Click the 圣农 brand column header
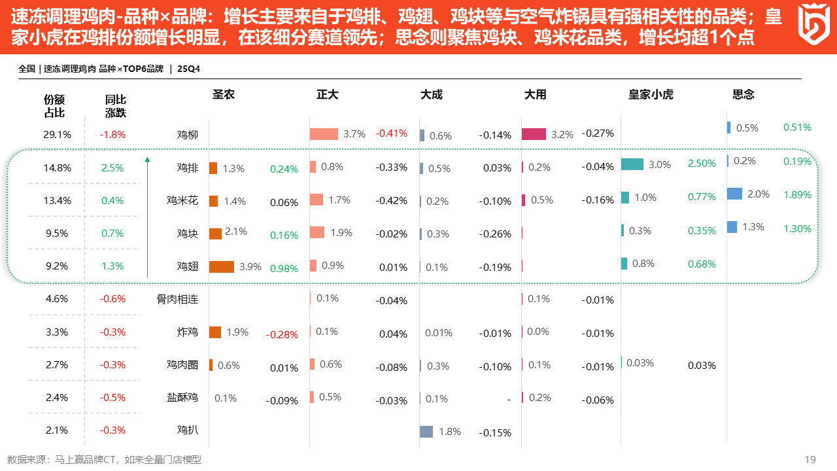[224, 94]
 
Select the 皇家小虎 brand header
[651, 94]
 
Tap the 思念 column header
[743, 94]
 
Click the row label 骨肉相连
[177, 299]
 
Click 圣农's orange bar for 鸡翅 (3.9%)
[222, 266]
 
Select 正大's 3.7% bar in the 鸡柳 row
[324, 134]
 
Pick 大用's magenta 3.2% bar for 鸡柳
[534, 134]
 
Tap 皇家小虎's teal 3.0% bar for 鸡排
[632, 164]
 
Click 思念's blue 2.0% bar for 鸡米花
[734, 194]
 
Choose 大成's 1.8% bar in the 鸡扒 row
[426, 432]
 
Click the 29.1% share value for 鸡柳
[58, 135]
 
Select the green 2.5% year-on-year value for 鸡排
[112, 167]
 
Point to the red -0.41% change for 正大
[391, 133]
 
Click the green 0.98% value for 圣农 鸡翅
[284, 268]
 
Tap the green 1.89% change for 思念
[797, 194]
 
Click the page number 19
[810, 459]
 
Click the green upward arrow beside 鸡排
[148, 216]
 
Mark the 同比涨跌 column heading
[116, 106]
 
